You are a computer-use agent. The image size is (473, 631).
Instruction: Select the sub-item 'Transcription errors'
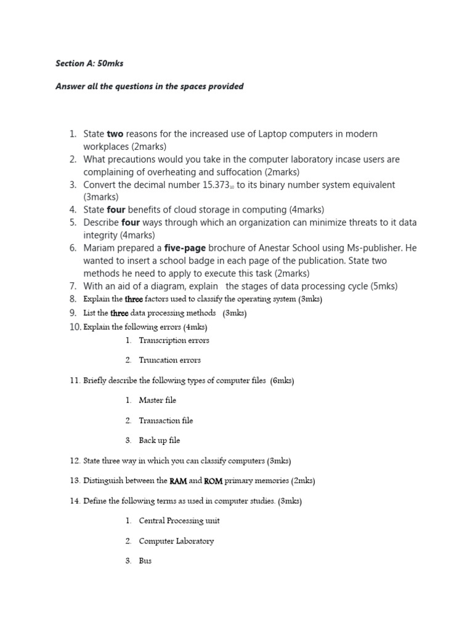coord(174,340)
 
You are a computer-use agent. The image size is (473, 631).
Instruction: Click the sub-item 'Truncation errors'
coord(169,360)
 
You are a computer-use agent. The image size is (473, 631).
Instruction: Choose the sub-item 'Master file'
coord(157,400)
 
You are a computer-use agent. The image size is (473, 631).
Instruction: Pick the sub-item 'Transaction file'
coord(166,420)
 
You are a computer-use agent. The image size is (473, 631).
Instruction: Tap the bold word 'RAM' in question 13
coord(178,481)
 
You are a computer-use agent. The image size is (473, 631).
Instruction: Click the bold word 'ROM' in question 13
coord(213,481)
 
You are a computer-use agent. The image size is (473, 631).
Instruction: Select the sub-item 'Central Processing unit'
coord(179,521)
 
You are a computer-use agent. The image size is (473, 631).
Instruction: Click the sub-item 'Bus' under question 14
coord(145,561)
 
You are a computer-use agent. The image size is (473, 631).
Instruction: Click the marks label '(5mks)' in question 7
coord(384,286)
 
